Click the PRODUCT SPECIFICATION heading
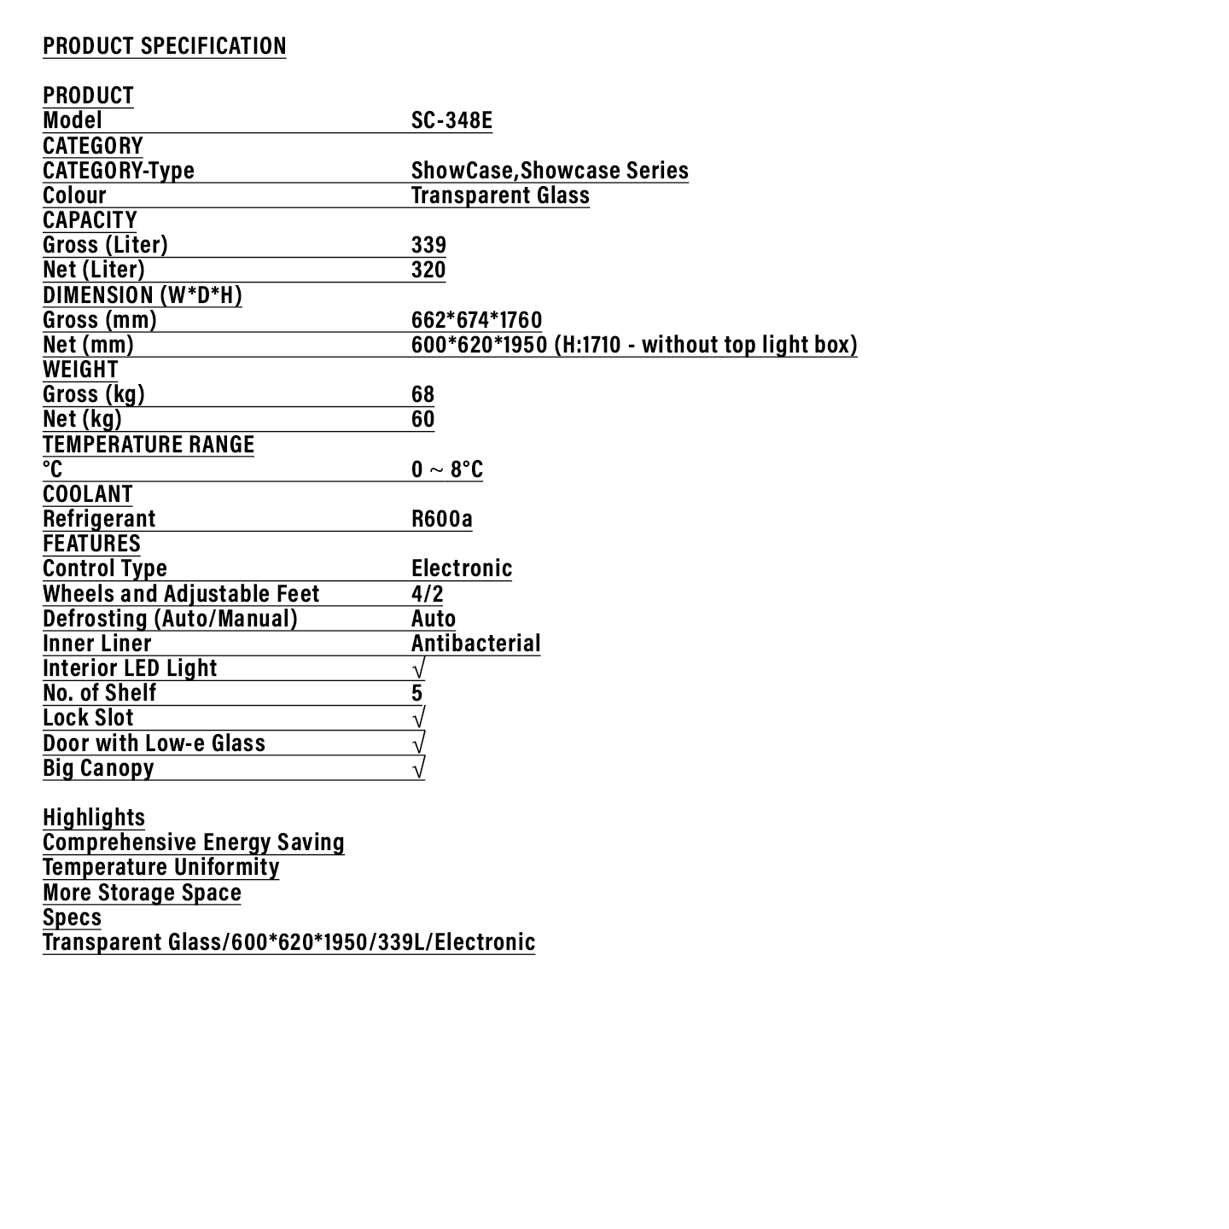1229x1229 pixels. click(x=164, y=45)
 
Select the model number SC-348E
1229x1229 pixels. click(x=451, y=120)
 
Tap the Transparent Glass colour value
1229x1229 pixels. click(x=500, y=195)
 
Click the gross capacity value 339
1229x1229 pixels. click(x=428, y=245)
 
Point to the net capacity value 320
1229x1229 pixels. click(x=428, y=270)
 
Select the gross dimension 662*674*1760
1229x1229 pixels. click(x=476, y=320)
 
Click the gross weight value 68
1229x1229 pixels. click(x=422, y=394)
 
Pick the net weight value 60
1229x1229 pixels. click(x=422, y=419)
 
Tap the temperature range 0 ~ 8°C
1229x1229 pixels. click(x=446, y=469)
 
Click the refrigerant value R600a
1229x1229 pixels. click(x=441, y=519)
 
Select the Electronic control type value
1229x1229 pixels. click(x=462, y=568)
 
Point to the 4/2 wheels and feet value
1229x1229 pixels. click(x=427, y=594)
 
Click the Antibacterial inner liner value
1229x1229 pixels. click(x=475, y=644)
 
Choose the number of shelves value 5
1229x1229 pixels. click(x=416, y=693)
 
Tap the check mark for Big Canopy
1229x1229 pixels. click(x=418, y=768)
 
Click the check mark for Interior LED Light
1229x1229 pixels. click(x=418, y=668)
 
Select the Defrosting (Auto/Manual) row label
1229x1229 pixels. click(x=170, y=619)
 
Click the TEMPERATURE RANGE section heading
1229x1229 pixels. click(x=149, y=445)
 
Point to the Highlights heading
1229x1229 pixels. click(x=94, y=818)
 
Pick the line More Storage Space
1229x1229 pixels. click(x=142, y=893)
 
